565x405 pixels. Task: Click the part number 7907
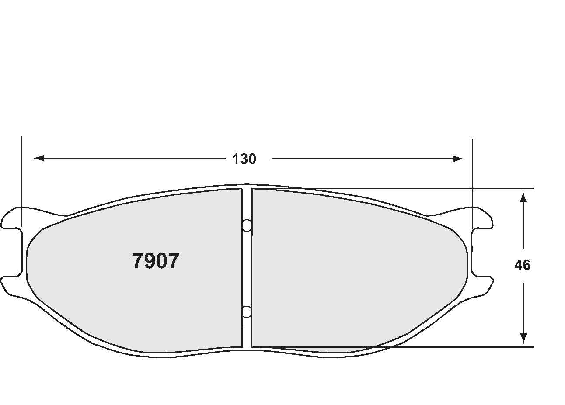tap(155, 261)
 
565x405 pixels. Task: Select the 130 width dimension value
tap(244, 159)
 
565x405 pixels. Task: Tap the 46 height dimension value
tap(522, 265)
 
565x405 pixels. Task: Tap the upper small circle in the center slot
tap(247, 225)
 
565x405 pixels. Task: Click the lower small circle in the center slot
tap(247, 311)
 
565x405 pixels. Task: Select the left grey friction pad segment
tap(131, 297)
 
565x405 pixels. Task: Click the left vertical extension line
tap(21, 175)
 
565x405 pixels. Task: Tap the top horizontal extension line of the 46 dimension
tap(503, 188)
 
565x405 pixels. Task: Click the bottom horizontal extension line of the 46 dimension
tap(503, 347)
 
